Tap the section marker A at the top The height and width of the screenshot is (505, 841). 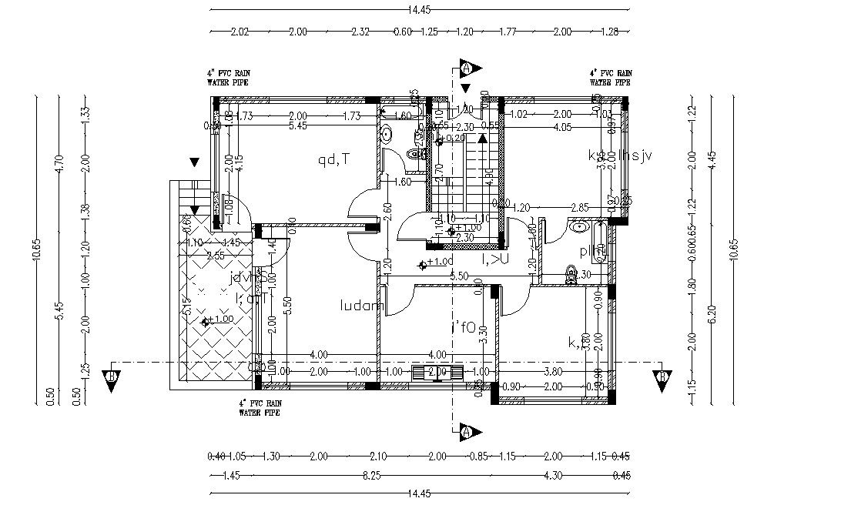point(466,68)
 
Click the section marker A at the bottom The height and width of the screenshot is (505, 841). point(466,432)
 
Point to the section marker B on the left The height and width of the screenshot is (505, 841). point(112,376)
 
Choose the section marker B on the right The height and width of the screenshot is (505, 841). point(662,376)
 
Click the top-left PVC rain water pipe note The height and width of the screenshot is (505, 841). point(228,77)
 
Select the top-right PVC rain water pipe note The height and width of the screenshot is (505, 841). point(610,77)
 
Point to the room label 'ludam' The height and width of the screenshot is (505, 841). point(362,306)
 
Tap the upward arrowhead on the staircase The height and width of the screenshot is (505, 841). point(483,138)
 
